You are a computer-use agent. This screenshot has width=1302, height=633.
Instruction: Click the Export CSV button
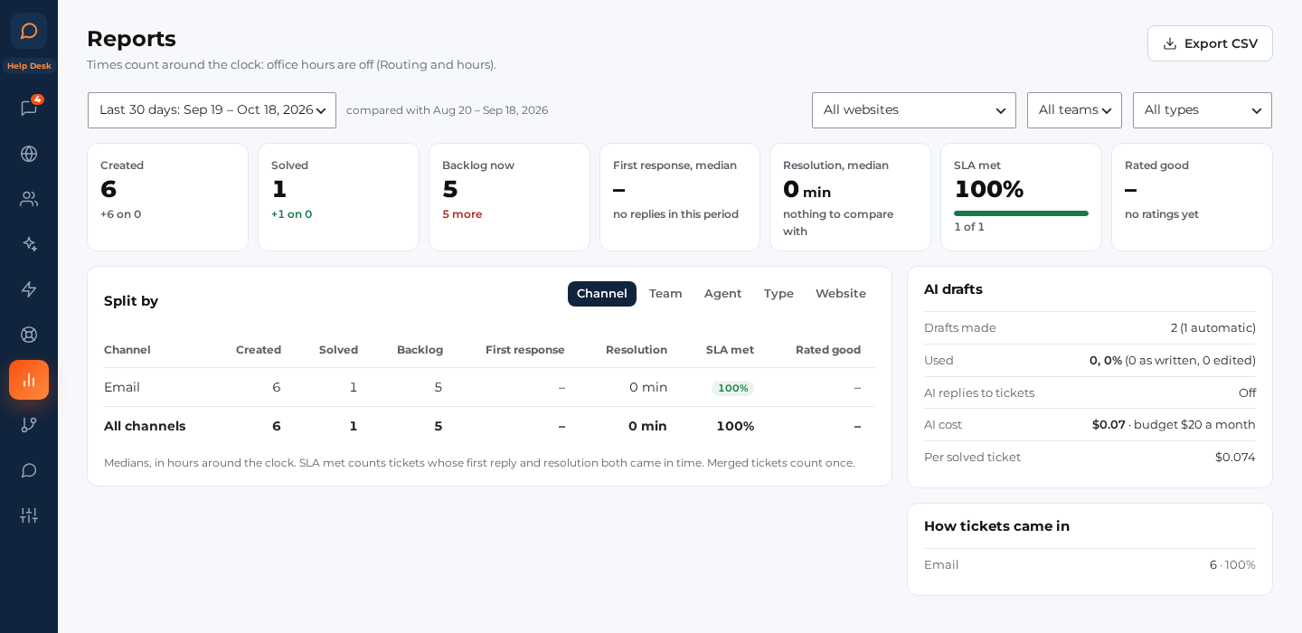pos(1210,43)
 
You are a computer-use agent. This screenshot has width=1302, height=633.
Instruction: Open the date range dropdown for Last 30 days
pos(212,109)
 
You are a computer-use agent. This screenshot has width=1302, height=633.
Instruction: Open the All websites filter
pos(914,109)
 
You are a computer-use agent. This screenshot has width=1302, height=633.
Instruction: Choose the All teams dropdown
pos(1074,109)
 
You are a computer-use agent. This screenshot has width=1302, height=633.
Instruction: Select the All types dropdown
pos(1202,109)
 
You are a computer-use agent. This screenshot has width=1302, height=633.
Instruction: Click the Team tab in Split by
pos(665,294)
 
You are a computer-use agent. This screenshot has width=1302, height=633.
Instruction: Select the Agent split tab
pos(722,294)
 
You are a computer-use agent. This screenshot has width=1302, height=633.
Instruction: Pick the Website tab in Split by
pos(841,294)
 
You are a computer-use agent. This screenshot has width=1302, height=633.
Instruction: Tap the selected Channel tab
pos(601,294)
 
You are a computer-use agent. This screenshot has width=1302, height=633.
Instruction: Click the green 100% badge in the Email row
pos(732,388)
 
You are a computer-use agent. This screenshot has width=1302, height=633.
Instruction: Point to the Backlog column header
pos(420,350)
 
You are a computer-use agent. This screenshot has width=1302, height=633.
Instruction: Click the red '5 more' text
pos(462,214)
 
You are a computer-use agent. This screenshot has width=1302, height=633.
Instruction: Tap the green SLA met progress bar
pos(1021,213)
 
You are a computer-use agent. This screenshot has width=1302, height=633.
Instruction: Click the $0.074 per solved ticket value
pos(1234,457)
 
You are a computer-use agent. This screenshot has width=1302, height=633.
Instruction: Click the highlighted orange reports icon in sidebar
pos(29,380)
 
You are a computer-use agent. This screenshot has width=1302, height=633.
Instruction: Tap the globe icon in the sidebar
pos(29,154)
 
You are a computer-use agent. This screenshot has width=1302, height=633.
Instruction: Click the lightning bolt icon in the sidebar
pos(29,288)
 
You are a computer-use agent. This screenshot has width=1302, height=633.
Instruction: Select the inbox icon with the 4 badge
pos(29,109)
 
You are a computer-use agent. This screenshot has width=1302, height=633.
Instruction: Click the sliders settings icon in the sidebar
pos(29,515)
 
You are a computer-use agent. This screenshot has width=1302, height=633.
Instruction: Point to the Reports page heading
pos(131,39)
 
